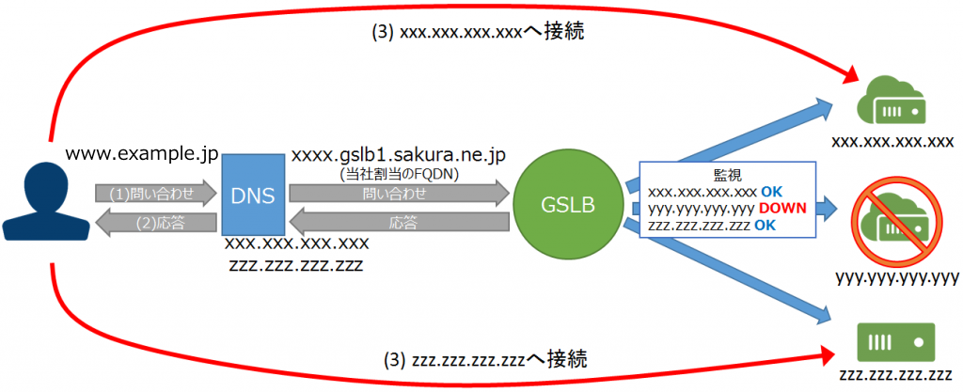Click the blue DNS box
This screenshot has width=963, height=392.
pos(251,195)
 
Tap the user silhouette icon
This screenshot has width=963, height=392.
pos(39,199)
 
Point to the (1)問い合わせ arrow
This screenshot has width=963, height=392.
pos(153,194)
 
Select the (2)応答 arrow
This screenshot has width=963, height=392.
pos(153,225)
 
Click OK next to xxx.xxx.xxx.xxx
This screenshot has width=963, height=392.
pos(771,191)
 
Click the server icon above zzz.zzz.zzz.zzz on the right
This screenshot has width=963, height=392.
pos(894,338)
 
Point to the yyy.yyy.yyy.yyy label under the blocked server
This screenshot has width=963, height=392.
pos(895,277)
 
